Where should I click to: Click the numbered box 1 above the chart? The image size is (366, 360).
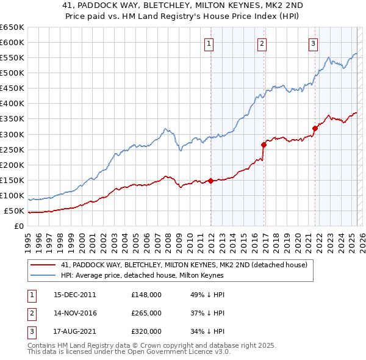[x=209, y=43]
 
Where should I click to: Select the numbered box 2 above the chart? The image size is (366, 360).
[x=262, y=43]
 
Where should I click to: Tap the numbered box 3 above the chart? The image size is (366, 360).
[x=313, y=43]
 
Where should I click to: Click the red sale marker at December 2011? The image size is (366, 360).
[x=210, y=181]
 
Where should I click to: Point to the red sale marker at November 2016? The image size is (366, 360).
[x=264, y=145]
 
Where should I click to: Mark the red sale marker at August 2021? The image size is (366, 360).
[x=315, y=128]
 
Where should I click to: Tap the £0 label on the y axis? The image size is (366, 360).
[x=20, y=226]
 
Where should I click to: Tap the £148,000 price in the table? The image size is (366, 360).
[x=146, y=295]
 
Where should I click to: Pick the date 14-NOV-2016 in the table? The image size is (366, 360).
[x=75, y=313]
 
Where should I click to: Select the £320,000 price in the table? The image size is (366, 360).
[x=146, y=331]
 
